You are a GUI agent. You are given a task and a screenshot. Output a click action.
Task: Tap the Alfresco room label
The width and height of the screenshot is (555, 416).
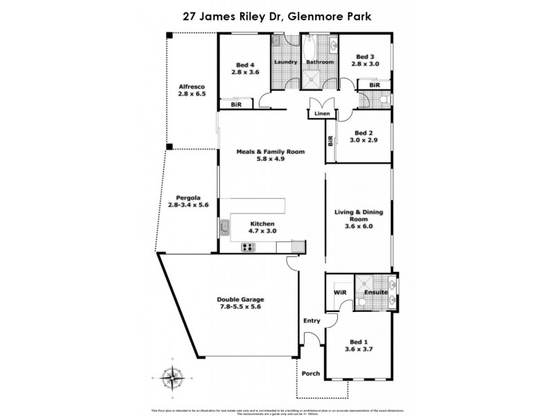point(192,87)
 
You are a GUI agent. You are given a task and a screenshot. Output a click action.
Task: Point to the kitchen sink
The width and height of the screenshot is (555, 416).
point(225,227)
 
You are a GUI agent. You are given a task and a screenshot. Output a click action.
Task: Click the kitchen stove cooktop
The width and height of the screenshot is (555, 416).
point(248,248)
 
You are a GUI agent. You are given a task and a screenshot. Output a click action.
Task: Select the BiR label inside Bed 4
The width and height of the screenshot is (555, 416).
point(234,105)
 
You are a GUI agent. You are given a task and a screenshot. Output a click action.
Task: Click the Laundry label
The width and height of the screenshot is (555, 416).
point(286,62)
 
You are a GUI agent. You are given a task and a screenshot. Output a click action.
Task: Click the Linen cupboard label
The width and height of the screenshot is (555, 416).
point(321,113)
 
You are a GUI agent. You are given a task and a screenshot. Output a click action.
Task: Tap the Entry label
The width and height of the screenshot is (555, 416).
point(312,320)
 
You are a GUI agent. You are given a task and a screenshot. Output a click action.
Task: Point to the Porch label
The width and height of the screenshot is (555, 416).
point(311,374)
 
